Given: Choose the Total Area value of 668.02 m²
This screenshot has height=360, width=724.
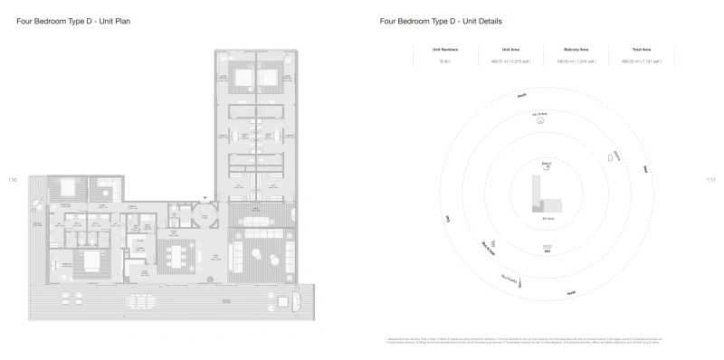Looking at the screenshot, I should [x=642, y=62].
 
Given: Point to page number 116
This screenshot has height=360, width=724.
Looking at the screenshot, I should [x=12, y=179].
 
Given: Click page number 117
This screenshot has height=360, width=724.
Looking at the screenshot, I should [x=710, y=179].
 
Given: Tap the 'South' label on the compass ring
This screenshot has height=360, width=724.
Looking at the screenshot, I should [x=521, y=94].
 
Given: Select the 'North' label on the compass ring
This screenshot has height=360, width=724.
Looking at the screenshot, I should [x=570, y=293].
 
